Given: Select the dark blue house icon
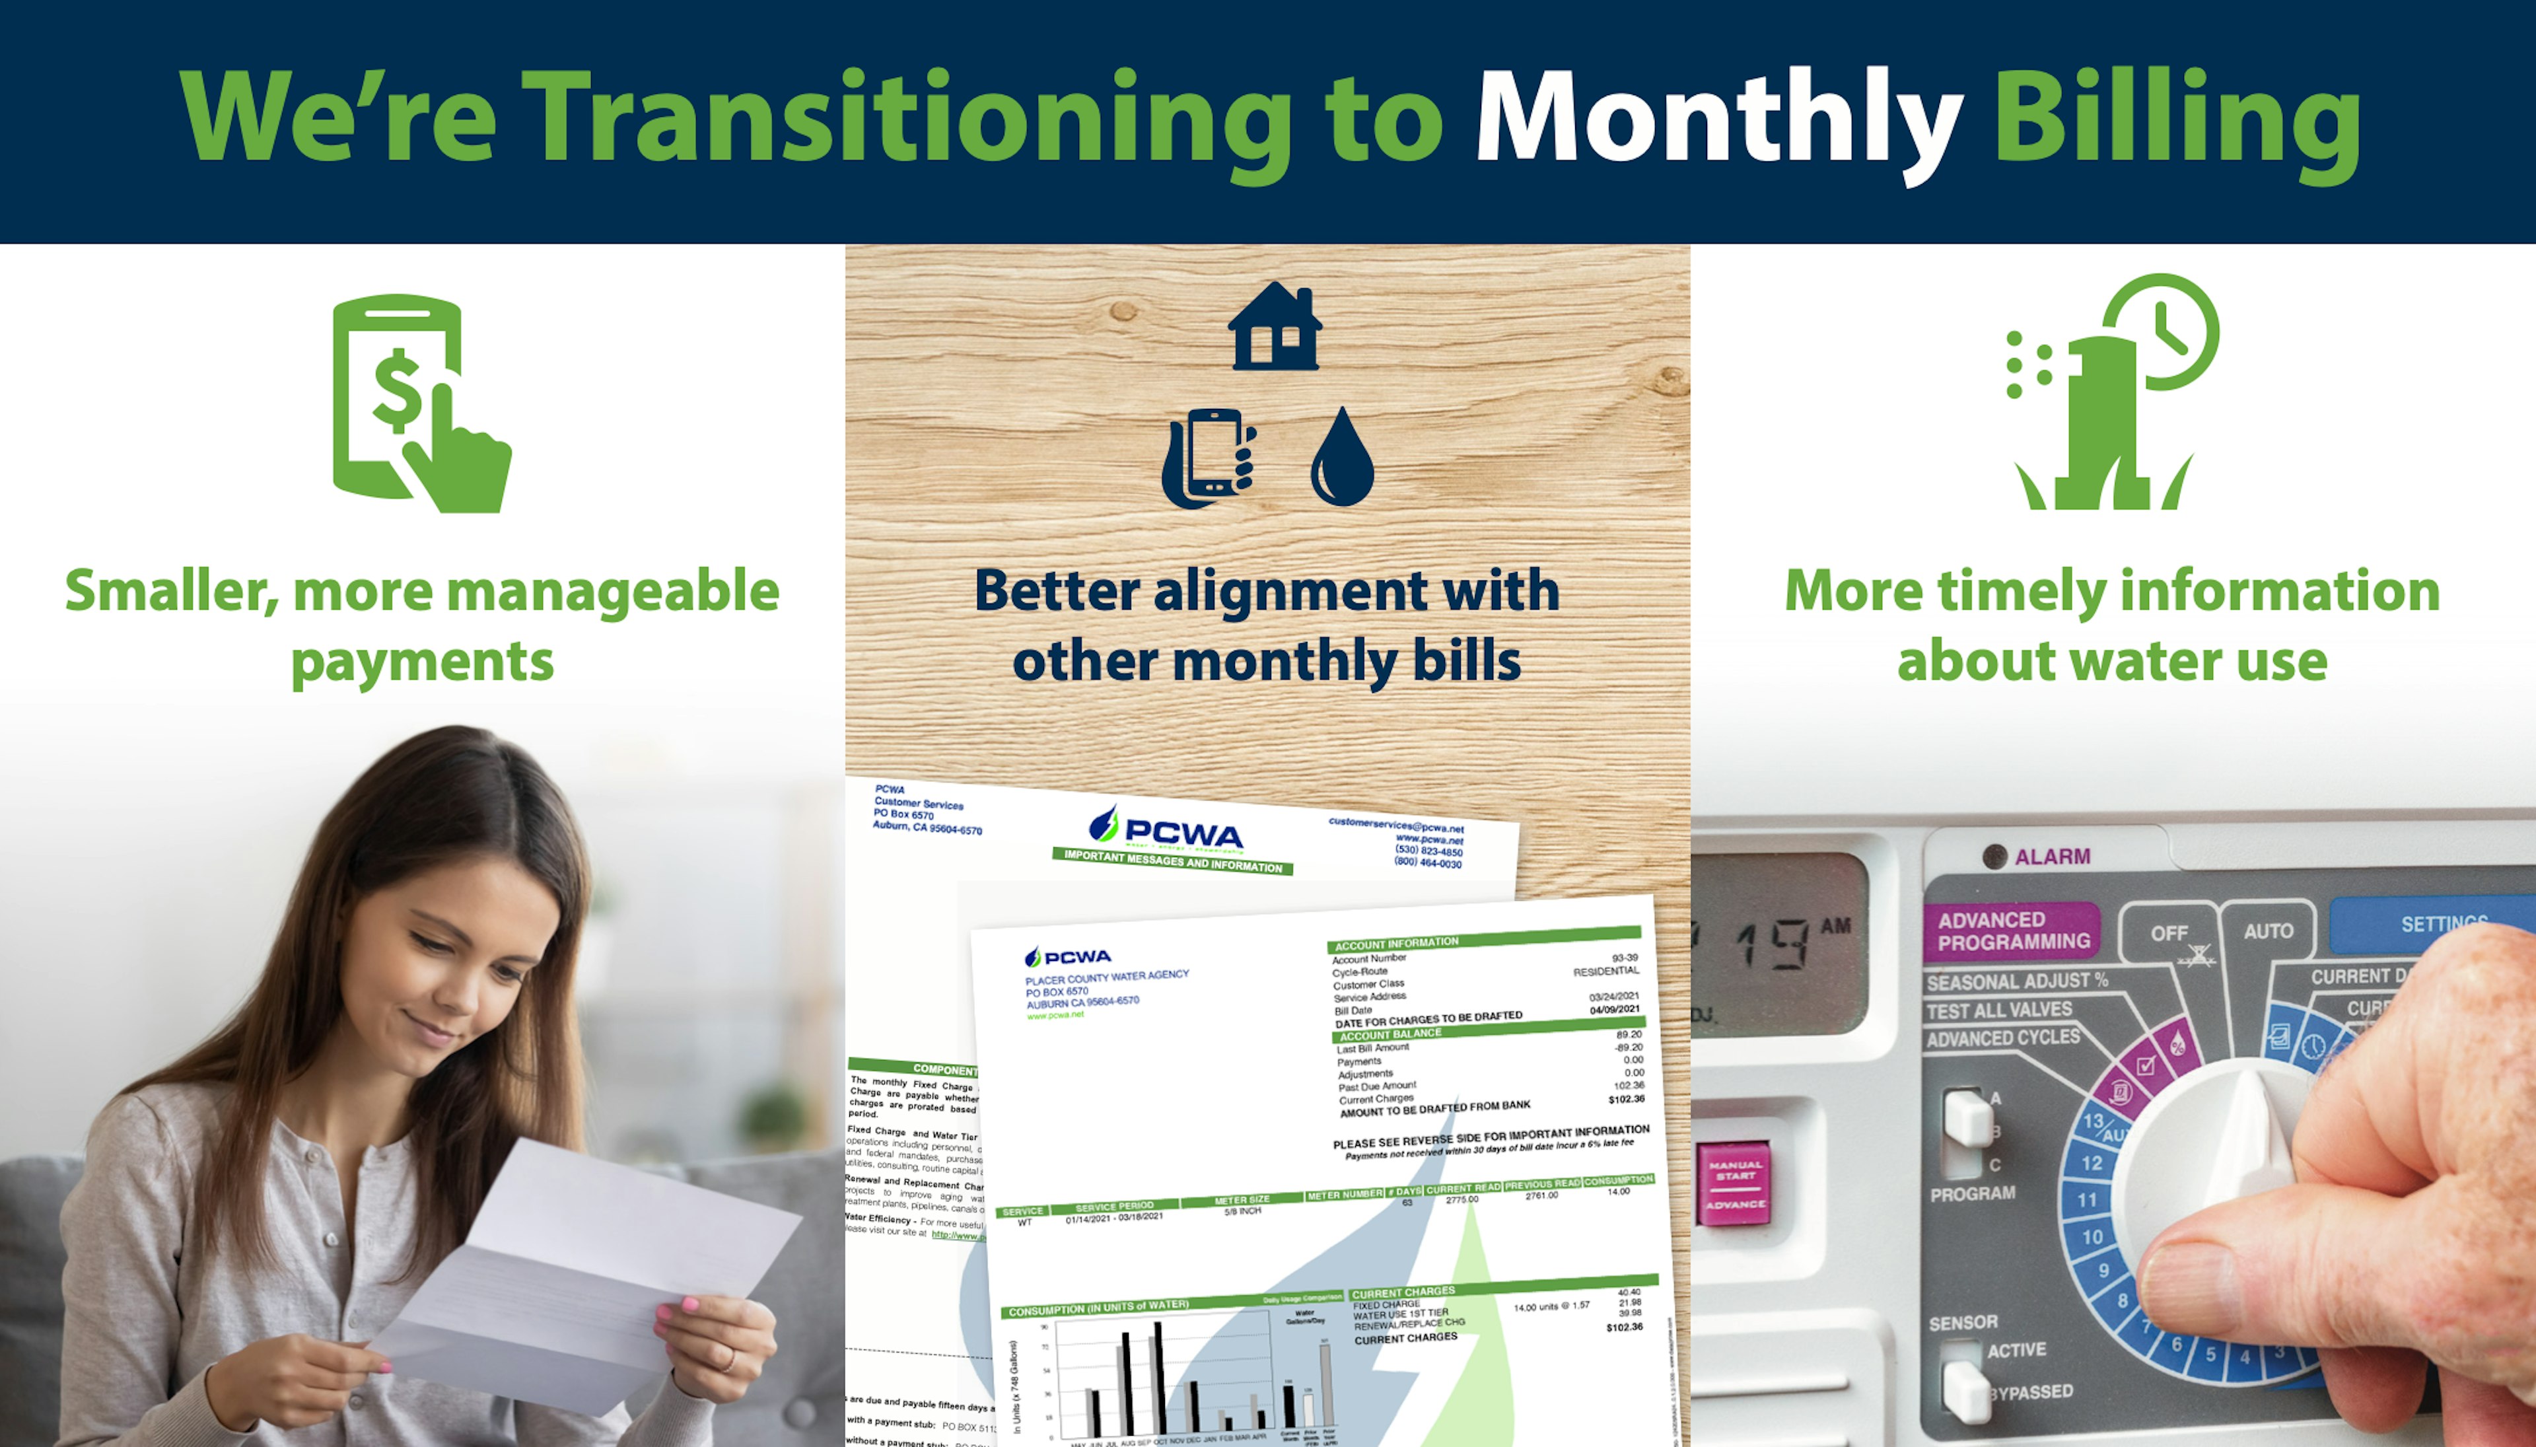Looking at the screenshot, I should coord(1275,328).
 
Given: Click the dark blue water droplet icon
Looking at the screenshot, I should coord(1343,459).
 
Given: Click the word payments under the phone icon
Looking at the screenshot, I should coord(422,662).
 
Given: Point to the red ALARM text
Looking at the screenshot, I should coord(2052,857).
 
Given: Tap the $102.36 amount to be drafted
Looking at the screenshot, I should coord(1626,1099).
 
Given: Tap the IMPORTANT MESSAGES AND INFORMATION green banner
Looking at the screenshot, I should coord(1173,861).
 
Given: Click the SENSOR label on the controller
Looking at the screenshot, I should coord(1963,1323).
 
